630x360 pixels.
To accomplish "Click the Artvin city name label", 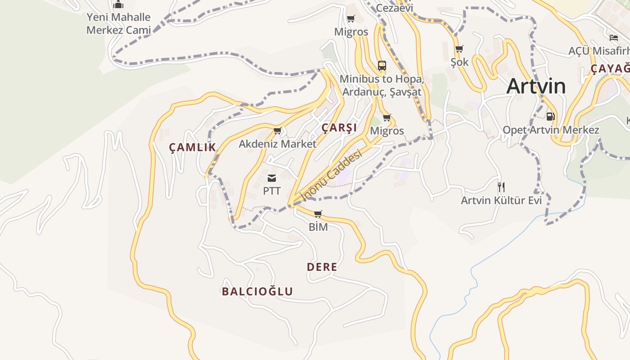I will coord(536,86).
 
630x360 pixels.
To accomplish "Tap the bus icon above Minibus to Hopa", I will coord(382,66).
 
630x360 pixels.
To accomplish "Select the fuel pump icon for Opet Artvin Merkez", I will coord(550,117).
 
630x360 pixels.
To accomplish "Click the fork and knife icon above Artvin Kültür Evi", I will coord(500,187).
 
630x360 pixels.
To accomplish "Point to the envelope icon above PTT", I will coord(272,178).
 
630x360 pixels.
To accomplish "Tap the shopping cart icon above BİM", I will coord(318,214).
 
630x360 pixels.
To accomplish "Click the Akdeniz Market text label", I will coord(277,144).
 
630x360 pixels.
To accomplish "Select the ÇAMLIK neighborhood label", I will coord(192,147).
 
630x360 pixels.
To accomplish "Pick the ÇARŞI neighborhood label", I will coord(339,128).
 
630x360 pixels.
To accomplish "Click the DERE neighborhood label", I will coord(322,267).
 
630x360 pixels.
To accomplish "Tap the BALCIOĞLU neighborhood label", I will coord(257,291).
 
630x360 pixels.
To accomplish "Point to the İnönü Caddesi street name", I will coord(331,176).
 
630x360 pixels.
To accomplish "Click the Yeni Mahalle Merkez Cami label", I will coord(118,23).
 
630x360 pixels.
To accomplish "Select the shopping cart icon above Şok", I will coord(459,49).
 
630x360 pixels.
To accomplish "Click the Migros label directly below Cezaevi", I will coord(351,32).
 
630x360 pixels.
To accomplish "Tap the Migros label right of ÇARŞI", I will coord(387,131).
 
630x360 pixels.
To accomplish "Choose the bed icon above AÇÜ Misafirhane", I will coord(614,37).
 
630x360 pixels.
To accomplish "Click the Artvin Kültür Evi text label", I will coord(501,200).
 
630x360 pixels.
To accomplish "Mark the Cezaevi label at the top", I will coord(394,8).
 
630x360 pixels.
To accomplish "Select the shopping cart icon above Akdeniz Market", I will coord(277,131).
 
